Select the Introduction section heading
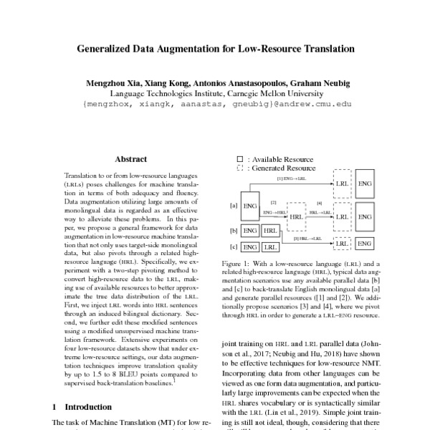(85, 406)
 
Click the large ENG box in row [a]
(250, 206)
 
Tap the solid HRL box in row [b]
(269, 231)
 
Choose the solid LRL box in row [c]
(269, 247)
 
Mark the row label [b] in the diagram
(234, 231)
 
